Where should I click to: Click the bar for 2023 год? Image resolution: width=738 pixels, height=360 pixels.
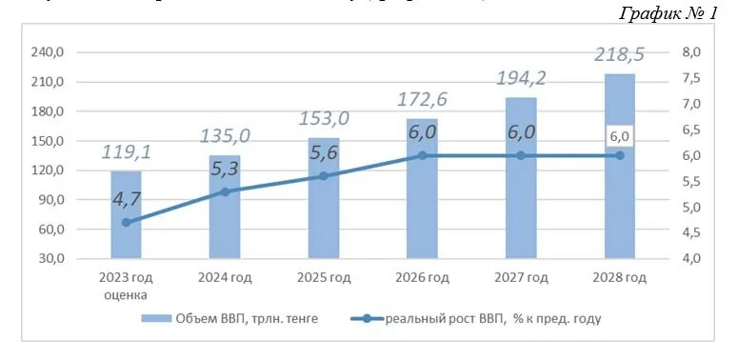(x=126, y=214)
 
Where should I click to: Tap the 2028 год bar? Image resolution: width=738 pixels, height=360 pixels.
(x=619, y=167)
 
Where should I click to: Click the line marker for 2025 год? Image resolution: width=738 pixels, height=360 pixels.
(x=324, y=176)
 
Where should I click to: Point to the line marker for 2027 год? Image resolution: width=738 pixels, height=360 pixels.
(x=520, y=155)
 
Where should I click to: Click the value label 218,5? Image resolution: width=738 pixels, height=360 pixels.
(x=619, y=55)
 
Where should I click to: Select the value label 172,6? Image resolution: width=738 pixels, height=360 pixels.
(x=422, y=99)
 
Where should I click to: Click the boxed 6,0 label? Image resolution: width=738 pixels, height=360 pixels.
(x=620, y=137)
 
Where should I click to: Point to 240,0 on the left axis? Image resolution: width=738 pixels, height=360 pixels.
(x=48, y=52)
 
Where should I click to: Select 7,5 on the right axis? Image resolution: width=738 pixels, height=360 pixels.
(x=690, y=78)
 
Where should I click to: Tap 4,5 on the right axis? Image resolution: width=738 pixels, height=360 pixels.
(x=690, y=233)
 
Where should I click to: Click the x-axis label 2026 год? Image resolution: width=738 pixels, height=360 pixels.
(x=422, y=278)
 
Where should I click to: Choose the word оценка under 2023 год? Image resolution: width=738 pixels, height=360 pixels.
(x=126, y=294)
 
